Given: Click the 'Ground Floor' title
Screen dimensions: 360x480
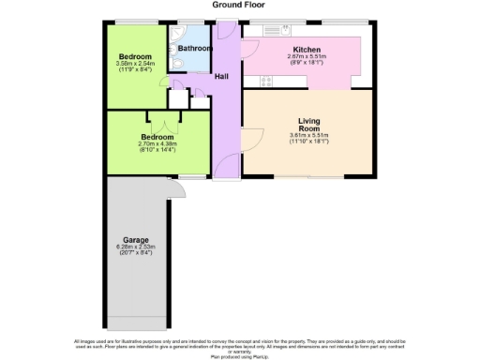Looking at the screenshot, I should [x=239, y=5].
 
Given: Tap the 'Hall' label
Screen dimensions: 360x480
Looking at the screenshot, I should [x=223, y=76].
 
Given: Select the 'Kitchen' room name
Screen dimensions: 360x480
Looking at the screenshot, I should [x=307, y=50].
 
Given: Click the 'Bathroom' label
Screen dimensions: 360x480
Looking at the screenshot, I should [x=194, y=48].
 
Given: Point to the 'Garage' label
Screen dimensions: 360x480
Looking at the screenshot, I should [x=136, y=239].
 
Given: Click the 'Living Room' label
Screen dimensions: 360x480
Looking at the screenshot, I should [x=309, y=126].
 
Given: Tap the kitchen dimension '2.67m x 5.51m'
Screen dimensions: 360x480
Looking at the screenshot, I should [x=307, y=58].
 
